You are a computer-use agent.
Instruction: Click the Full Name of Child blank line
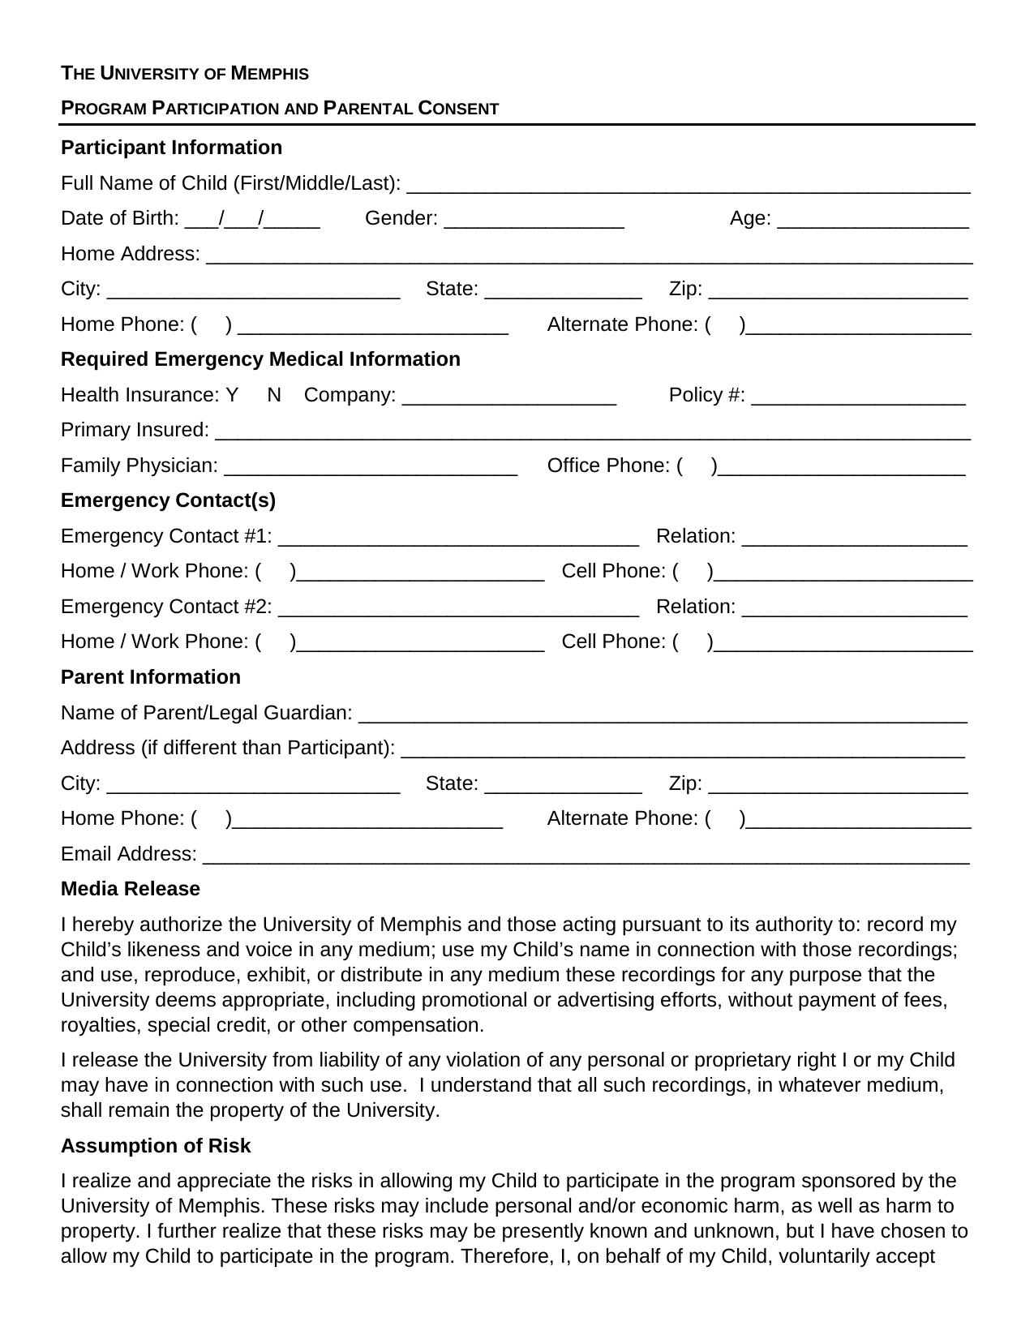[x=688, y=185]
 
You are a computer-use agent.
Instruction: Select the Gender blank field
[x=534, y=220]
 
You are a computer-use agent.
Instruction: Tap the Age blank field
[x=873, y=220]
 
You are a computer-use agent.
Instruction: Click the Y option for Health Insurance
[x=232, y=395]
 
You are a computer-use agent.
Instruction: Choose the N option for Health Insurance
[x=274, y=395]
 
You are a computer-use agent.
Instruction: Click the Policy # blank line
[x=858, y=397]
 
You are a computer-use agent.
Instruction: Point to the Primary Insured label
[x=135, y=430]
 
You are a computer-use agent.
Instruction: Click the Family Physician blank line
[x=371, y=467]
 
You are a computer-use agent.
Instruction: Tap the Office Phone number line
[x=842, y=467]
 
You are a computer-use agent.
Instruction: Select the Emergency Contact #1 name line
[x=458, y=538]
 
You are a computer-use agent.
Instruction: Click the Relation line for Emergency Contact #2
[x=854, y=608]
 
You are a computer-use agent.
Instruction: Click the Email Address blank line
[x=586, y=856]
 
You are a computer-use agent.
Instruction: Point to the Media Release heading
[x=130, y=889]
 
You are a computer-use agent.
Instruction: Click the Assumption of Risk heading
[x=155, y=1146]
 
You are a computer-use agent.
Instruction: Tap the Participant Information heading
[x=171, y=148]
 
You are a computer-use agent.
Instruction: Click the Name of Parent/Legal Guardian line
[x=662, y=715]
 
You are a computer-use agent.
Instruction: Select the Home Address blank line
[x=589, y=255]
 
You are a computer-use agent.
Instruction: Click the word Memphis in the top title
[x=269, y=74]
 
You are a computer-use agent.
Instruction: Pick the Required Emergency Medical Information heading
[x=260, y=359]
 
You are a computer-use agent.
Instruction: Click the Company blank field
[x=508, y=397]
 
